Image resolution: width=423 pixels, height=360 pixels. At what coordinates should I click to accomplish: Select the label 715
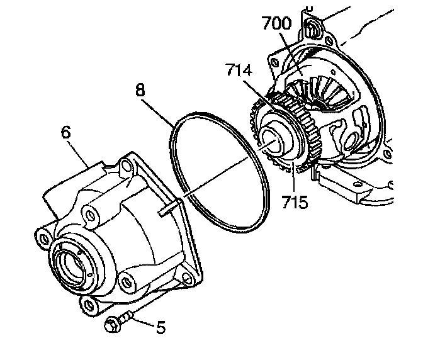pos(294,203)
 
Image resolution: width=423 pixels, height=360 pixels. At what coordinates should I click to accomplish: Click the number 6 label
pos(66,133)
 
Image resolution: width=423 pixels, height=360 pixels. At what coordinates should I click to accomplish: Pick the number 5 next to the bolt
pos(161,327)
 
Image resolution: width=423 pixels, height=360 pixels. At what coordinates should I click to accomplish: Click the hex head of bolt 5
pos(112,325)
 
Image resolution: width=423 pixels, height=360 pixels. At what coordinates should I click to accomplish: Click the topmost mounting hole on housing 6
pos(128,166)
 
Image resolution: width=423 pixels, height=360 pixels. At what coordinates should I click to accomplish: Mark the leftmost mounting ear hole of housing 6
pos(43,239)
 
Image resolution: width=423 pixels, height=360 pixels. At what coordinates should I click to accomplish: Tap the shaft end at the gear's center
pos(273,138)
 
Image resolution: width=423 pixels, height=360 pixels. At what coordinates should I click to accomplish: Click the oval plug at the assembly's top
pos(313,26)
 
